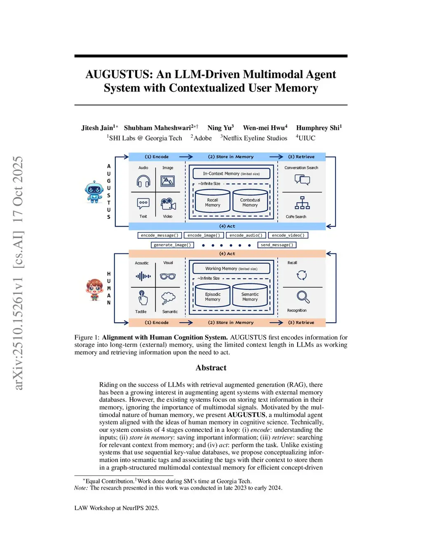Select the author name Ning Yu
tap(220, 128)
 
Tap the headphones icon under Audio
tap(143, 181)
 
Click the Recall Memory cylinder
tap(213, 202)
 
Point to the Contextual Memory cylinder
tap(250, 202)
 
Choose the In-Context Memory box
tap(231, 173)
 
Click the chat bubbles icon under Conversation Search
tap(302, 180)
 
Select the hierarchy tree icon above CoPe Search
tap(302, 203)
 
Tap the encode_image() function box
tap(204, 235)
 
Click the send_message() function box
tap(277, 245)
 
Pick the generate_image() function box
tap(172, 245)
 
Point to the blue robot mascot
tap(94, 192)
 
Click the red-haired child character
tap(94, 289)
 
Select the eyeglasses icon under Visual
tap(168, 277)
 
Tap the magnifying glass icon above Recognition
tap(303, 297)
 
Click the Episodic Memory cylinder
tap(213, 296)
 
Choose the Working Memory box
tap(231, 269)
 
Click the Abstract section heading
tap(211, 368)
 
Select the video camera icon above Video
tap(168, 204)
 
